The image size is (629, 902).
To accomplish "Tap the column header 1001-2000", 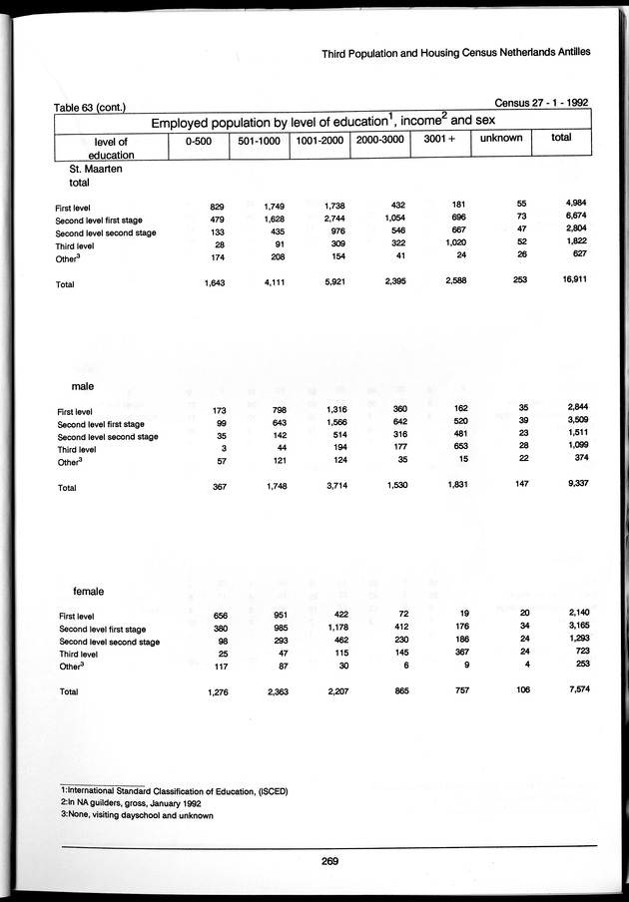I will [318, 140].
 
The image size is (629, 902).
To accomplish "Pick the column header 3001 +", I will [438, 139].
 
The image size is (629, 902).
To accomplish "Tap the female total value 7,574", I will [571, 690].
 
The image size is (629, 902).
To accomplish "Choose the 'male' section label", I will [84, 385].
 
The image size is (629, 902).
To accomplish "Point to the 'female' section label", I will [90, 592].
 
